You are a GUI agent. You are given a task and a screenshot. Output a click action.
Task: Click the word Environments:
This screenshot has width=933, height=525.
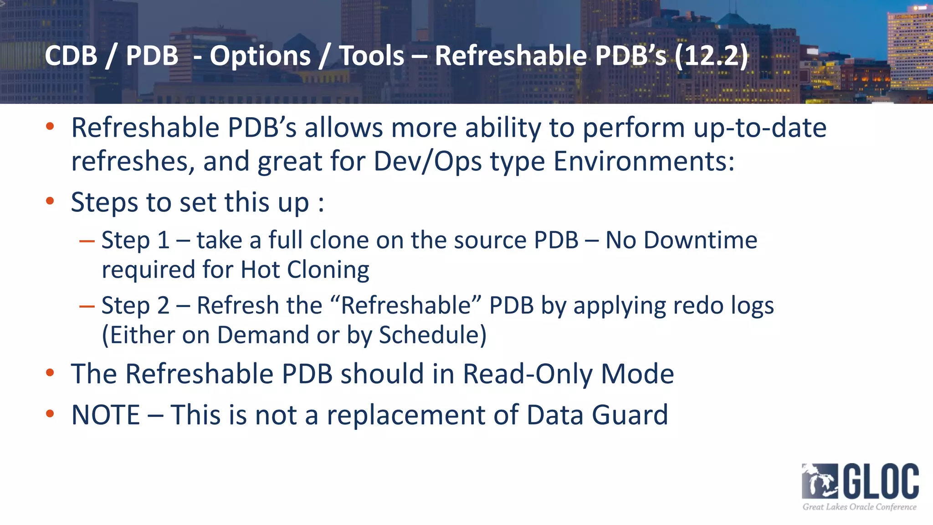[644, 161]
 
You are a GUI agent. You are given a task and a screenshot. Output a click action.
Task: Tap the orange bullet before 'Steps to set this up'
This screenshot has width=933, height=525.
[50, 201]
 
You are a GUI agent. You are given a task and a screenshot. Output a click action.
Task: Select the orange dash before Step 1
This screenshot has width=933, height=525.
[87, 241]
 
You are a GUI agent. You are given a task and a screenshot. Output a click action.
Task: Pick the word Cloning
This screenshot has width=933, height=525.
[328, 270]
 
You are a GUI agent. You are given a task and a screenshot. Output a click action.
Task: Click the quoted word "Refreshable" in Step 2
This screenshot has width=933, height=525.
[405, 305]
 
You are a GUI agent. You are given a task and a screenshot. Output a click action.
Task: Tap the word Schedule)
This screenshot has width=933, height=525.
[433, 335]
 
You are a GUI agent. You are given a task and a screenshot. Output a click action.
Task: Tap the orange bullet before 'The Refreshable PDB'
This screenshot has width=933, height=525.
[50, 373]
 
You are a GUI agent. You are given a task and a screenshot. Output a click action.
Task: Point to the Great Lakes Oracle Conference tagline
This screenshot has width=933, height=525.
[859, 507]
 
